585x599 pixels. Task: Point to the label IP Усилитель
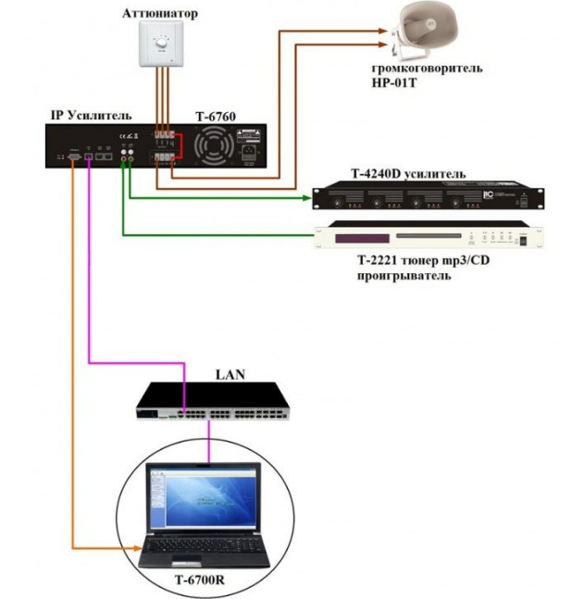point(90,115)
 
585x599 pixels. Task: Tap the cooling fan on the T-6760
point(214,147)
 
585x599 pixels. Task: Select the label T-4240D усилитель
point(408,174)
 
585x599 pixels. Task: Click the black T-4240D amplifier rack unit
point(427,197)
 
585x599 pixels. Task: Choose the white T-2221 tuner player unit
point(427,238)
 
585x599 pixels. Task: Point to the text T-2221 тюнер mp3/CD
point(407,263)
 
